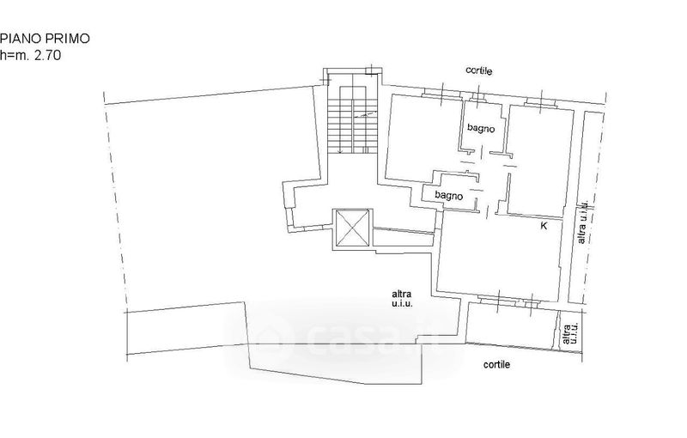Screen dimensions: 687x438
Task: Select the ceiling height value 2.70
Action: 47,56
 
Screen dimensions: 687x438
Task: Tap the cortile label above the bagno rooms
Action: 479,70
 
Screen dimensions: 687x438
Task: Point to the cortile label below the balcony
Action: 496,364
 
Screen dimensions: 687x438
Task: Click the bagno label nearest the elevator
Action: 449,195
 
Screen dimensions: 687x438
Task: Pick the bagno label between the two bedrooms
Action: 481,128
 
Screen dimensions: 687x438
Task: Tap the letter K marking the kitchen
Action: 544,226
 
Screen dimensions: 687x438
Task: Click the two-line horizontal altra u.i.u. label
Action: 402,299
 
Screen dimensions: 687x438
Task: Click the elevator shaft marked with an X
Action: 353,228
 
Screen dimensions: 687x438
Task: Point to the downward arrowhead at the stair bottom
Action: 340,151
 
